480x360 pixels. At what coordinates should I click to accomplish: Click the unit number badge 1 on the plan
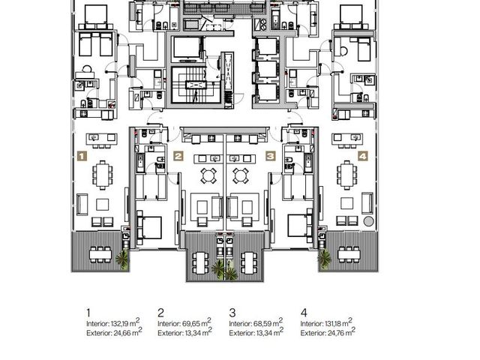82,156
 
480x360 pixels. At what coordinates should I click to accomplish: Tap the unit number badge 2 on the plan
178,156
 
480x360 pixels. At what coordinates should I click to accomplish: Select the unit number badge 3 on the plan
270,156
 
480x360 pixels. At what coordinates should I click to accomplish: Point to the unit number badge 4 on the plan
362,156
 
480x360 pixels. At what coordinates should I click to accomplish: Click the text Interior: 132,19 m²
113,322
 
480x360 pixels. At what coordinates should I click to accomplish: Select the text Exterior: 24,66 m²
114,332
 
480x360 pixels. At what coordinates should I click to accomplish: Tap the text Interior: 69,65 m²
184,322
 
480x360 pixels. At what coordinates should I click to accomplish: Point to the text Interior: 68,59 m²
256,322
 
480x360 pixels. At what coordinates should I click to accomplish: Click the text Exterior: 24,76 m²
328,332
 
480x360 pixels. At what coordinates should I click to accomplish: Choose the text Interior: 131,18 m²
326,322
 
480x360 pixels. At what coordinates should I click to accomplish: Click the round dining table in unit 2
208,175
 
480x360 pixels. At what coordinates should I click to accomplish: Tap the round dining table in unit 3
240,175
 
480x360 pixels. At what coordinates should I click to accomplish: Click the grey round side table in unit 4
368,221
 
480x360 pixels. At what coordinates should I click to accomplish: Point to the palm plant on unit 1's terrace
122,259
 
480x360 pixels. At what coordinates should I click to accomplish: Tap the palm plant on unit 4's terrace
324,259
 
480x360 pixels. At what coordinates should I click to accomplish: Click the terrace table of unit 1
100,255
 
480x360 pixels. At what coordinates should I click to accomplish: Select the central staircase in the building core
196,85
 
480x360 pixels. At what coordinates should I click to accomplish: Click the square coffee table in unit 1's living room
102,205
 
